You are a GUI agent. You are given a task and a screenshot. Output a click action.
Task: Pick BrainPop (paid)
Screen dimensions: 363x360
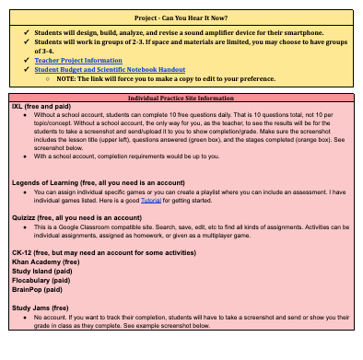(x=41, y=300)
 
